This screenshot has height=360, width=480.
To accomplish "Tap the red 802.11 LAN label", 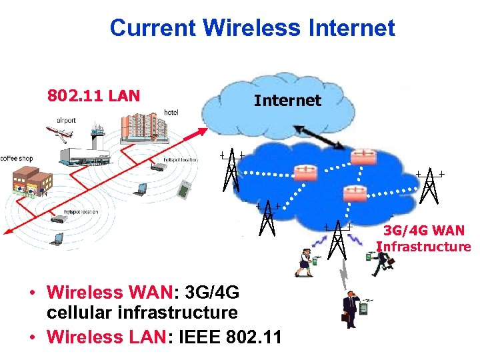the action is (x=93, y=95).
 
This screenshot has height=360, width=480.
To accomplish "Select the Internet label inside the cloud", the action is (x=287, y=101).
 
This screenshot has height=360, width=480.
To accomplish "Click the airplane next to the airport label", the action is (x=61, y=134).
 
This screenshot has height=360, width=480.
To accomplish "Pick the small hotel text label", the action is (x=171, y=113).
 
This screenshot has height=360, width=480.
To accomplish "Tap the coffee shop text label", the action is (x=17, y=159).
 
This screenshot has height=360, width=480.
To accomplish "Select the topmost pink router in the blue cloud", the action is (x=365, y=156).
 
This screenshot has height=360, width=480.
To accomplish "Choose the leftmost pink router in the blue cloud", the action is (x=307, y=172).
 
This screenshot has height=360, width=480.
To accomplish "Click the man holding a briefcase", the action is (x=349, y=309).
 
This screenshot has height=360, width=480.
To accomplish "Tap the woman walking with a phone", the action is (x=306, y=261).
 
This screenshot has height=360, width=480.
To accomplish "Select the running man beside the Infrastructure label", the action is (x=382, y=261).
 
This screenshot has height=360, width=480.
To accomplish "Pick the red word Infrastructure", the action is (x=424, y=247).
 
